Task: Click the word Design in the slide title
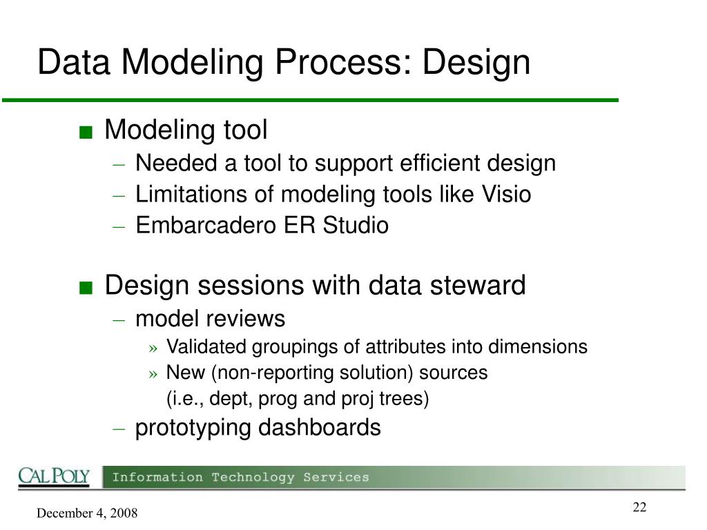[x=476, y=63]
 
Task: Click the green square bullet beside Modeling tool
[x=86, y=132]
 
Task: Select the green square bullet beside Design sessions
[x=86, y=288]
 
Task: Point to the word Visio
[x=506, y=194]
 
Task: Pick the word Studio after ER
[x=356, y=225]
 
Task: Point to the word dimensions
[x=538, y=346]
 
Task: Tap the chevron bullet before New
[x=153, y=374]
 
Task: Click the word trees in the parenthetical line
[x=401, y=398]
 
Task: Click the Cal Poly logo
[x=54, y=476]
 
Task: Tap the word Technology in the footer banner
[x=253, y=478]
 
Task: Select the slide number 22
[x=639, y=507]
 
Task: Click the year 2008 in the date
[x=124, y=513]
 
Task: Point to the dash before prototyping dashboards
[x=119, y=429]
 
